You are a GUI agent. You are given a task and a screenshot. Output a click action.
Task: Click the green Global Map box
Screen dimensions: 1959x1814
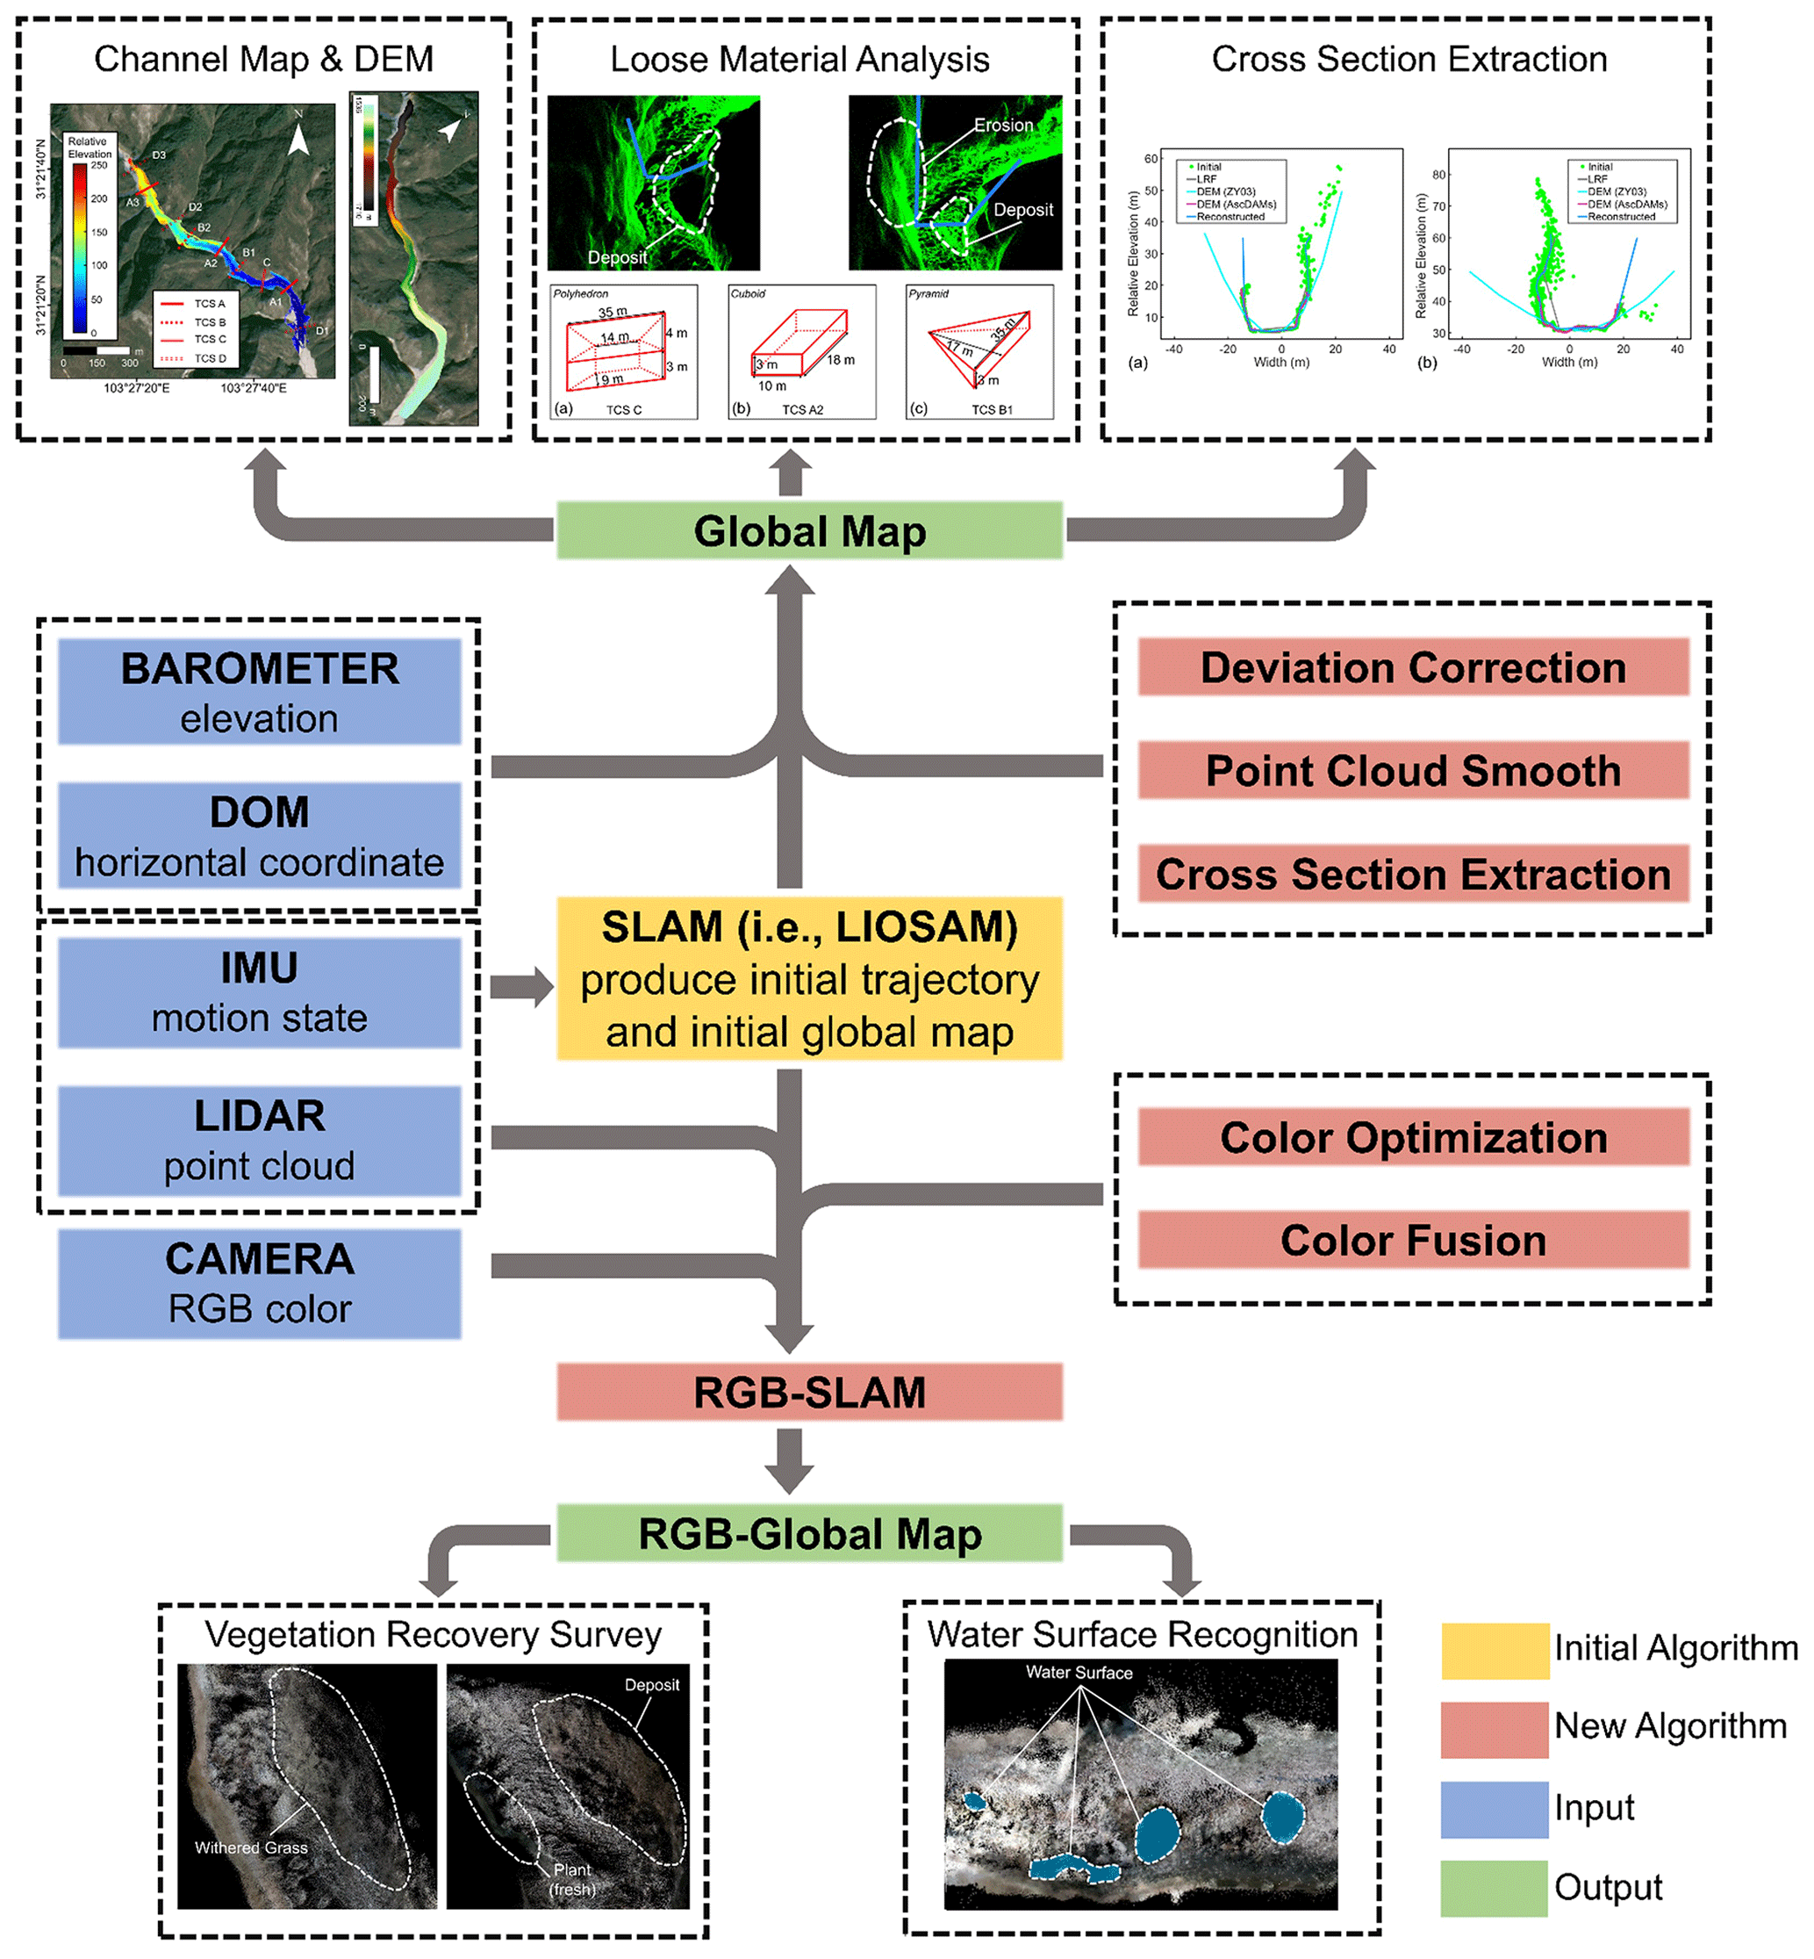coord(809,531)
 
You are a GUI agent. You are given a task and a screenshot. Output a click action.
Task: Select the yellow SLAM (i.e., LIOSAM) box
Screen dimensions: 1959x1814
coord(809,978)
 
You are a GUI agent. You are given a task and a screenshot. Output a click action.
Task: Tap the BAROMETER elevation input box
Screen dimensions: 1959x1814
coord(259,692)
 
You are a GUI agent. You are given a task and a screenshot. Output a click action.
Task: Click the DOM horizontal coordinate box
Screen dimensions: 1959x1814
coord(259,836)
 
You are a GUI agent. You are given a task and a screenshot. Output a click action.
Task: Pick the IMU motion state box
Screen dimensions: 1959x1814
coord(259,991)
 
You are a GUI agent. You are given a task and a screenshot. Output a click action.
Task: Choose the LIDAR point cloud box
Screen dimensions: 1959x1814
coord(259,1140)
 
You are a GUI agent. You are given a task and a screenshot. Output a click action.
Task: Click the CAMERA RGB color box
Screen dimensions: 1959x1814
coord(259,1284)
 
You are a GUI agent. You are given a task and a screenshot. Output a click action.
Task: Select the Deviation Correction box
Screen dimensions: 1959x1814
coord(1413,667)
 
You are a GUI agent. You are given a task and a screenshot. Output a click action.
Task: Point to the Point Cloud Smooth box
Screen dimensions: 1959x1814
coord(1413,771)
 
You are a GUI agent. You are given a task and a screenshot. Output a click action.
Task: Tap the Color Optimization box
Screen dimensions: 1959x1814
coord(1413,1137)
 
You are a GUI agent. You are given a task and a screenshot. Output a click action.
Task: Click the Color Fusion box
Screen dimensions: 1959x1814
coord(1413,1240)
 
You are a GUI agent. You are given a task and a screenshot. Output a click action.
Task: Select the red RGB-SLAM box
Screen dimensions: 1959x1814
coord(809,1392)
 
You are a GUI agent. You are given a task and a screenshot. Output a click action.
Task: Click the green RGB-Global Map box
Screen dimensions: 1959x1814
coord(809,1534)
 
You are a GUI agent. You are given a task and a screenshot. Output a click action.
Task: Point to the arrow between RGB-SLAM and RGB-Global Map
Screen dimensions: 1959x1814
coord(789,1461)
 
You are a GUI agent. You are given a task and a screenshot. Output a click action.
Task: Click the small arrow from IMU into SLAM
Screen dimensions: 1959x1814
coord(521,987)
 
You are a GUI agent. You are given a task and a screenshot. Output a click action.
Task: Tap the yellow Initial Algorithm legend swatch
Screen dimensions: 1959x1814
coord(1494,1651)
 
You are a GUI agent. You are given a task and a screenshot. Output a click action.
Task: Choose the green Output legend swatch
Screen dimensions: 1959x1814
coord(1494,1887)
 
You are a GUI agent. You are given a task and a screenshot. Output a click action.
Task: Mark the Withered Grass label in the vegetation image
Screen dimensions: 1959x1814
coord(251,1847)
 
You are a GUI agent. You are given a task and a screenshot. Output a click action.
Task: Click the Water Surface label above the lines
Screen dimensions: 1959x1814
coord(1079,1672)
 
